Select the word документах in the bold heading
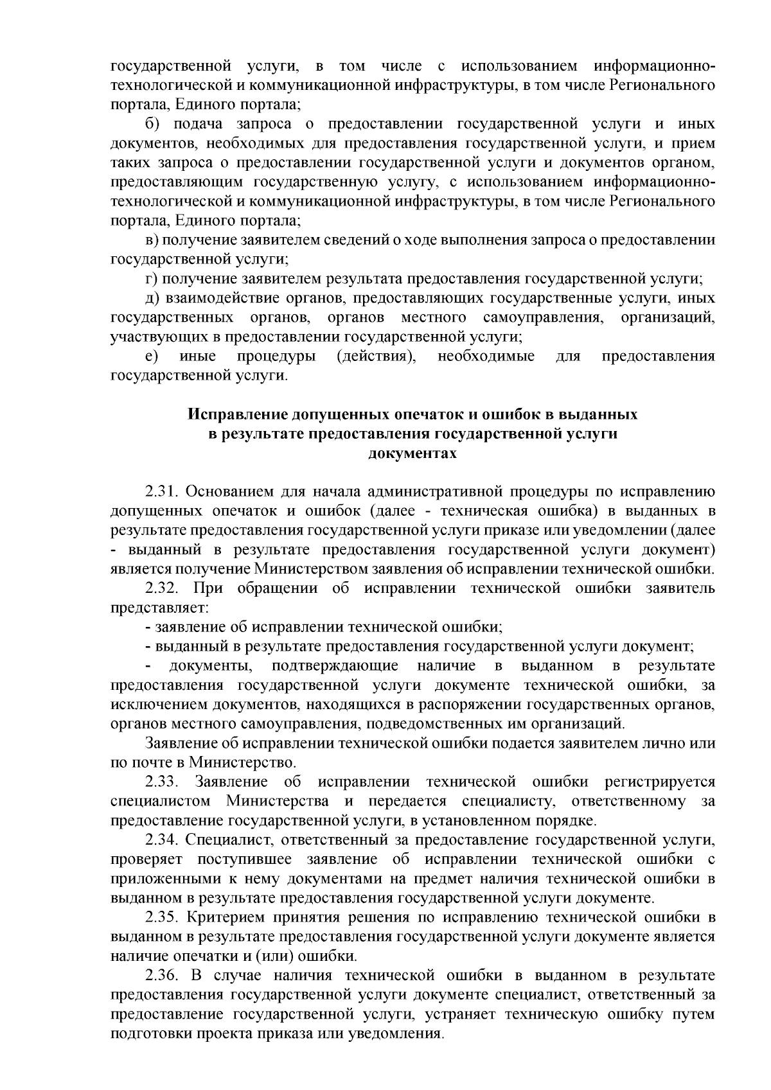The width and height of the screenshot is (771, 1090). (412, 453)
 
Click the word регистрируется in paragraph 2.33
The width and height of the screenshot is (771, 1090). (659, 782)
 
